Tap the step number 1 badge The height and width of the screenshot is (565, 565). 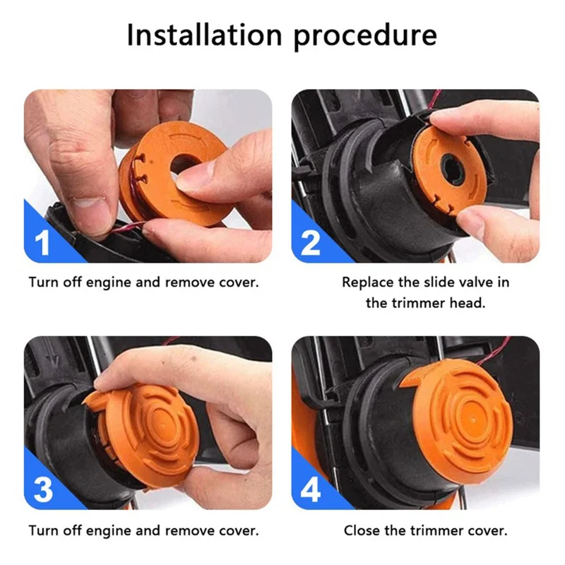pos(43,242)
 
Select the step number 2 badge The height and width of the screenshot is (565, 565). pos(311,242)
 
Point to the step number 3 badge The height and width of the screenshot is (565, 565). pos(43,489)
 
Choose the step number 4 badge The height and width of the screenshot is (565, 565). pos(311,489)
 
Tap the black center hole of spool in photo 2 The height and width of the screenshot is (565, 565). pos(450,169)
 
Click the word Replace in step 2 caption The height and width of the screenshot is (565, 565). pos(367,282)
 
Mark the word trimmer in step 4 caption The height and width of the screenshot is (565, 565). pos(441,530)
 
